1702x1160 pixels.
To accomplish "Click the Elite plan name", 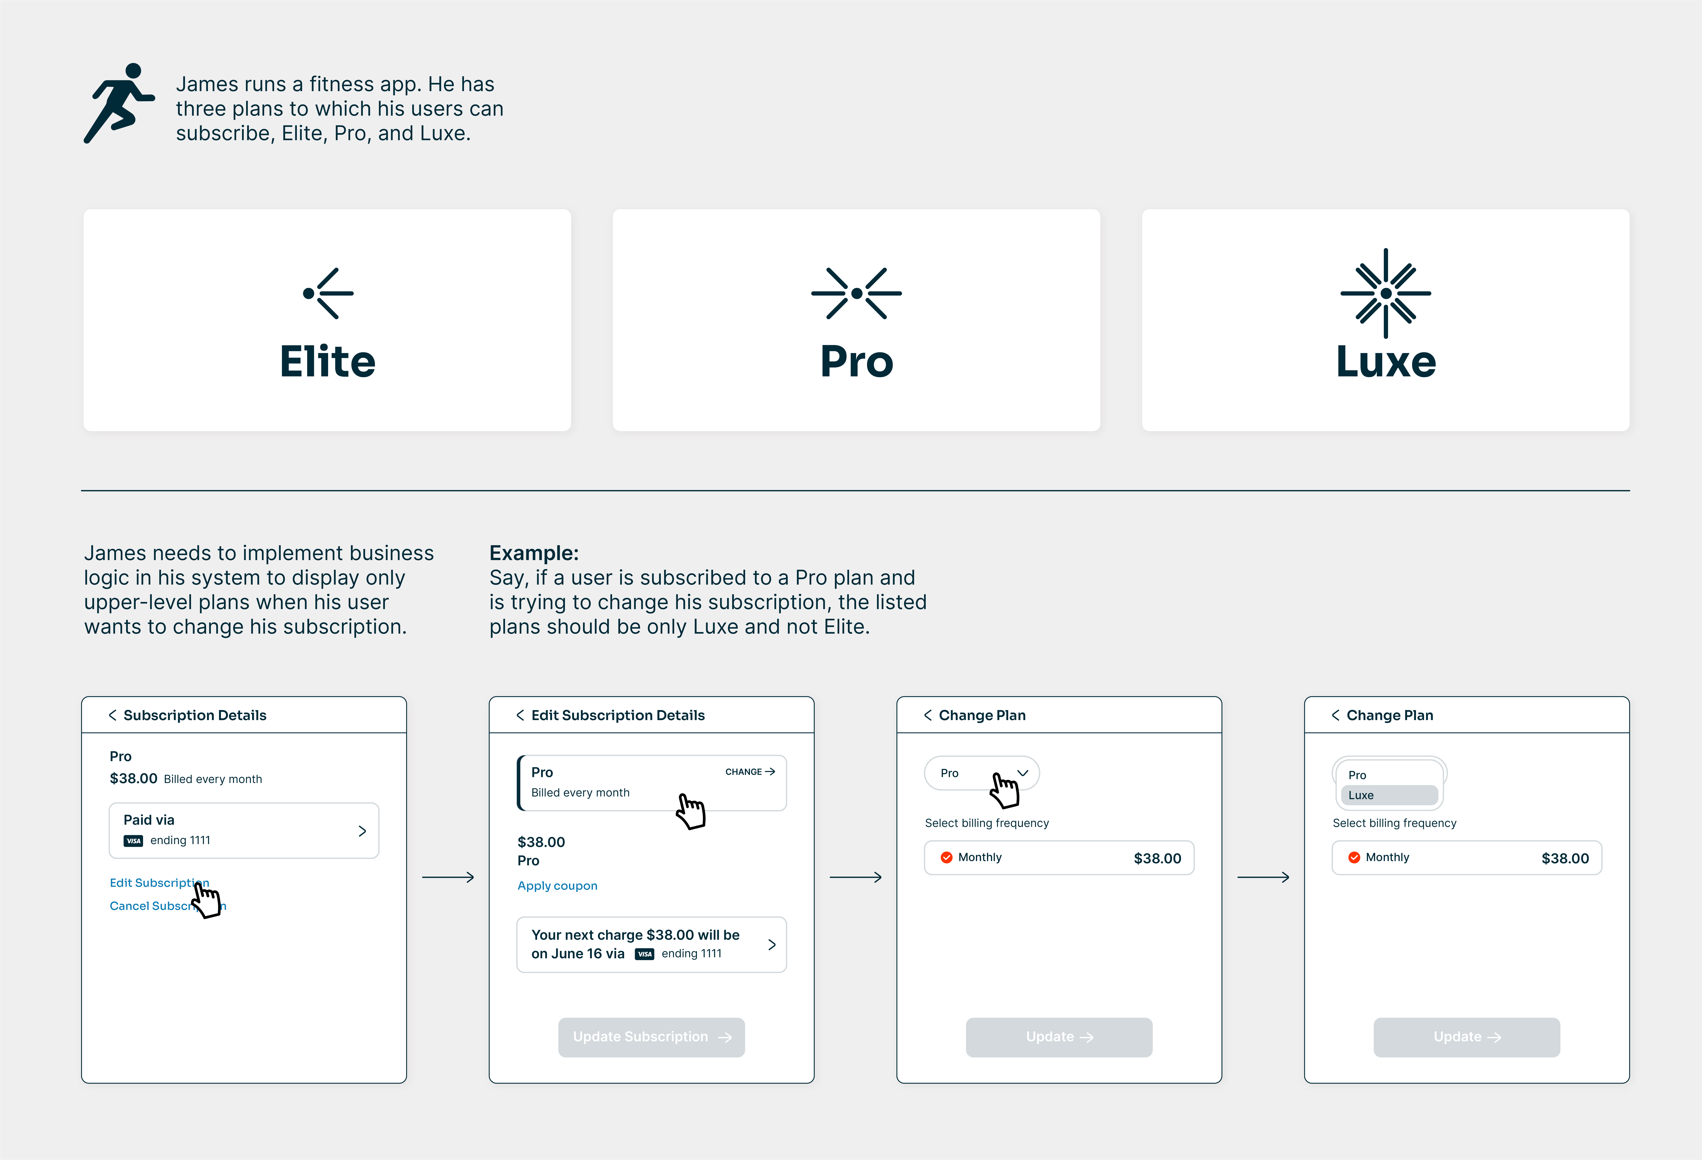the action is point(327,362).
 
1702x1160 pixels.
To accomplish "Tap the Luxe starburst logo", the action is point(1386,293).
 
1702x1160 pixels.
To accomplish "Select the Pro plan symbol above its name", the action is point(856,293).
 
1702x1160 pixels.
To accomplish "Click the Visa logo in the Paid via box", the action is point(133,841).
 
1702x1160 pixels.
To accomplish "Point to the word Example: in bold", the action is point(534,553).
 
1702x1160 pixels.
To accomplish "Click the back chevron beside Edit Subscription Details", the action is point(520,715).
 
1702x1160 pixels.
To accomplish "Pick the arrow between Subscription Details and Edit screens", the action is point(448,877).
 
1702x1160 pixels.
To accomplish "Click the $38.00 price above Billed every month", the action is point(133,779).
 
